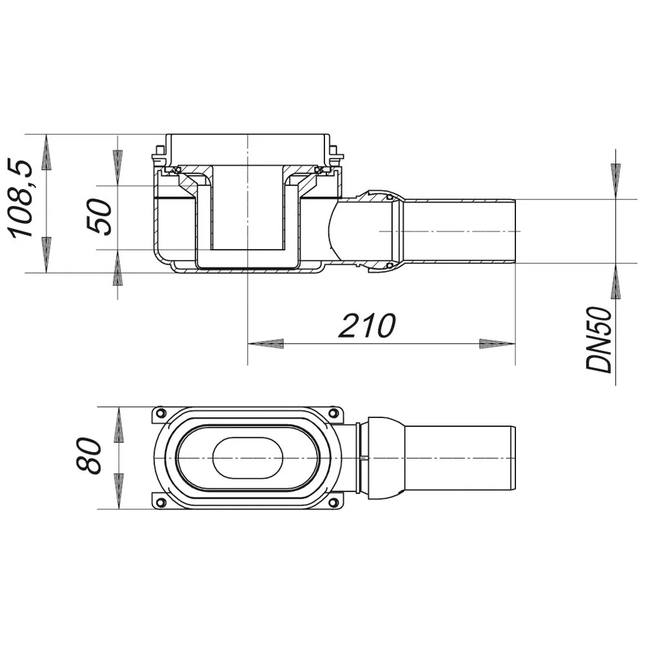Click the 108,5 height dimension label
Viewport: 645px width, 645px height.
tap(21, 199)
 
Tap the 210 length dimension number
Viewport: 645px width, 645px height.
tap(367, 326)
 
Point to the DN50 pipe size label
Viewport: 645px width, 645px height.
tap(599, 340)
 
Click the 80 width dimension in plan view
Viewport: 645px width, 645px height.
tap(89, 456)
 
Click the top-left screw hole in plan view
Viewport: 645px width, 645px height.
tap(161, 413)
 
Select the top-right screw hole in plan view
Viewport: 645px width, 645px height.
tap(334, 413)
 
